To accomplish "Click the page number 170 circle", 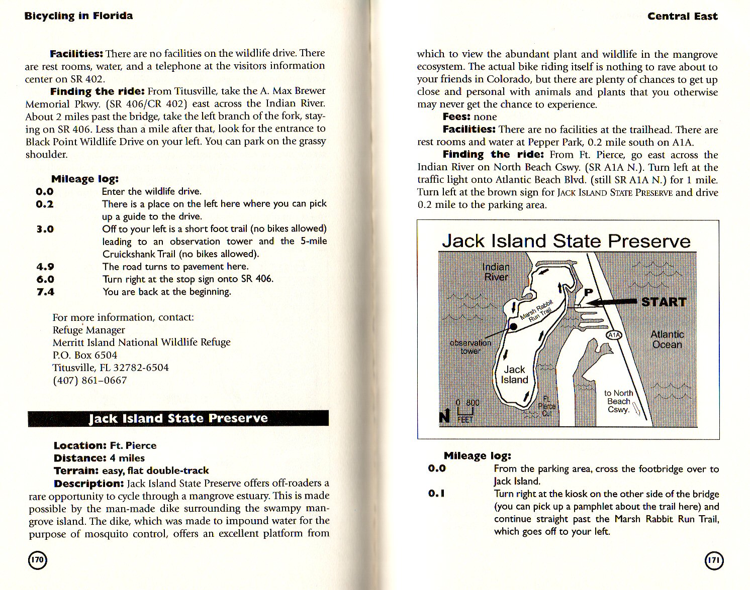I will (x=37, y=560).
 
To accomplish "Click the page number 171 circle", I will (x=714, y=560).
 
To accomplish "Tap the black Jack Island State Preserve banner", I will (x=178, y=418).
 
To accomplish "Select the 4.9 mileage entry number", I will (x=45, y=267).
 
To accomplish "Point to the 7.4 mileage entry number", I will (x=45, y=292).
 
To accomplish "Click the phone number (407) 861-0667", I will (x=90, y=380).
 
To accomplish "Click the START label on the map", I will (x=664, y=302).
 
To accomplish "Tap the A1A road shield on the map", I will (x=614, y=334).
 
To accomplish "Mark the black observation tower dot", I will (x=513, y=327).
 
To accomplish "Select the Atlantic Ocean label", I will (x=667, y=339).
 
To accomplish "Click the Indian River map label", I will (x=496, y=272).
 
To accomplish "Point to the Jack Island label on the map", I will (x=514, y=375).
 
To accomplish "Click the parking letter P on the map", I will (x=588, y=293).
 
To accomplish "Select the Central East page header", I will (x=682, y=16).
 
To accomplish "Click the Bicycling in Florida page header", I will (x=79, y=16).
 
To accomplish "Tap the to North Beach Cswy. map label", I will (x=619, y=401).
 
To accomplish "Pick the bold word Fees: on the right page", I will (x=456, y=116).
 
